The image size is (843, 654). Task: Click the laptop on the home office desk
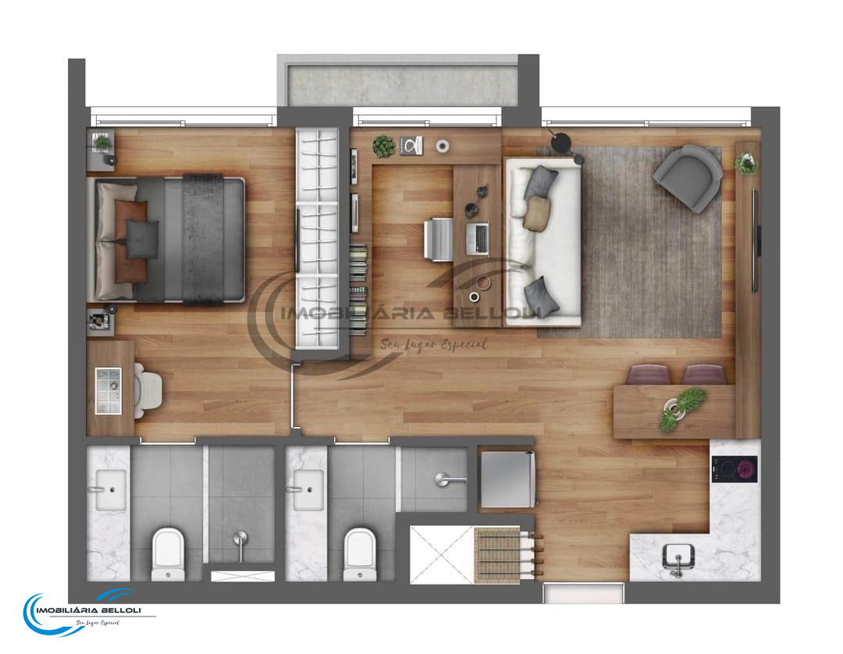(x=478, y=239)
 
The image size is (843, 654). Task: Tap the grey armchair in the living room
(x=688, y=177)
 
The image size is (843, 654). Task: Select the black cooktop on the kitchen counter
(x=735, y=469)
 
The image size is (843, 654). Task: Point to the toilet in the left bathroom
(x=169, y=554)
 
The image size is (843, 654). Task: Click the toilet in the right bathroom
(x=360, y=554)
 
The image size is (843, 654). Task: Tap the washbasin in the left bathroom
(x=111, y=489)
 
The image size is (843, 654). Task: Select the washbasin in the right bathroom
(x=308, y=489)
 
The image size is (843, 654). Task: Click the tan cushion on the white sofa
(x=537, y=212)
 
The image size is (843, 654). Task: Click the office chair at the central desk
(x=439, y=239)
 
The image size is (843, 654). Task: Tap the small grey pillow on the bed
(x=141, y=240)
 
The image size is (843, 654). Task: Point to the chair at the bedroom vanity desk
(x=148, y=390)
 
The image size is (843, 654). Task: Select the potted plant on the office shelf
(x=384, y=146)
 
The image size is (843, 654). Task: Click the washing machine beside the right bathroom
(x=507, y=479)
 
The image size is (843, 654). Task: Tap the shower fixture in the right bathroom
(x=450, y=478)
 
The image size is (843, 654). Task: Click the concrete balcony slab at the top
(x=403, y=85)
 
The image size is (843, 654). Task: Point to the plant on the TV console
(x=747, y=163)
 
